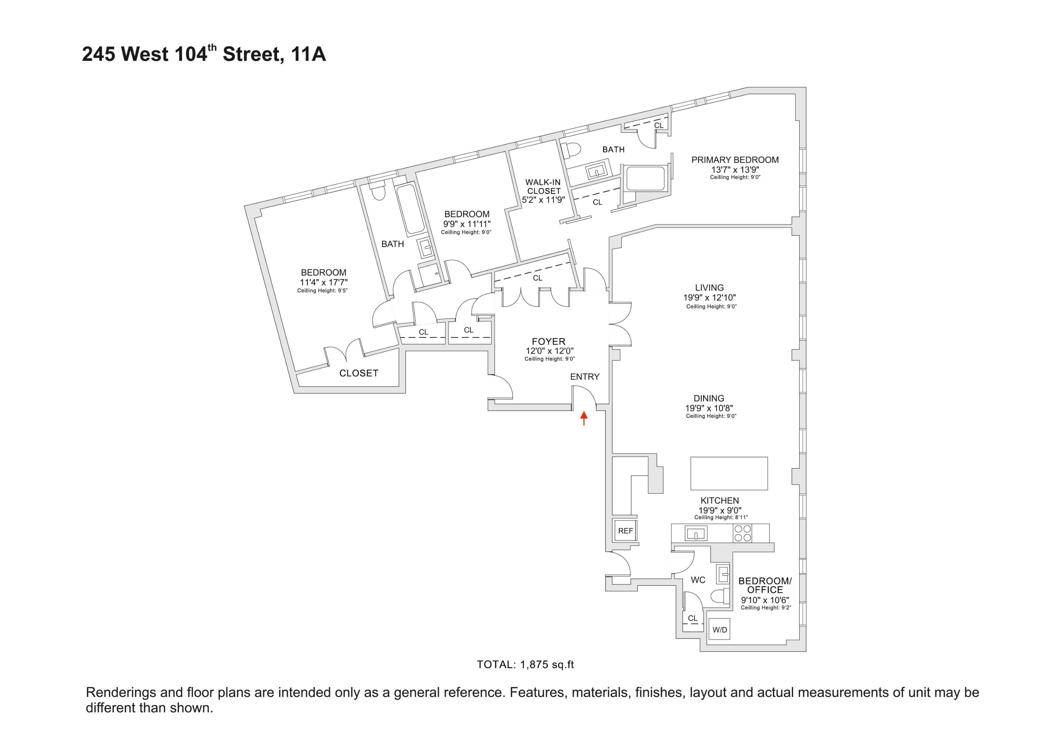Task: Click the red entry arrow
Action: point(584,417)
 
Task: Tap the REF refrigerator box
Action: point(625,530)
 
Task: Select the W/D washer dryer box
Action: point(720,630)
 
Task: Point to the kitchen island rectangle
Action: point(729,473)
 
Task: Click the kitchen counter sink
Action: point(696,534)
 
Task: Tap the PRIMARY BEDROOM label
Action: point(735,160)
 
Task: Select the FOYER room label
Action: point(549,342)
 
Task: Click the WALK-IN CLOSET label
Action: point(544,186)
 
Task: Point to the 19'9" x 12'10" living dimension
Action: point(709,297)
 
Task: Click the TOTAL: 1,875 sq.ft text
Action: point(525,664)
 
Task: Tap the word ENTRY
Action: point(584,377)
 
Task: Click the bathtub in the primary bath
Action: point(645,178)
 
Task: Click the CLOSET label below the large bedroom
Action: point(358,373)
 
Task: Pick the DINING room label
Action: point(709,399)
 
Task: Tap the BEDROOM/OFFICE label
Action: point(765,585)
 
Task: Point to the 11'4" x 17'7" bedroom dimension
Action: point(324,282)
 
